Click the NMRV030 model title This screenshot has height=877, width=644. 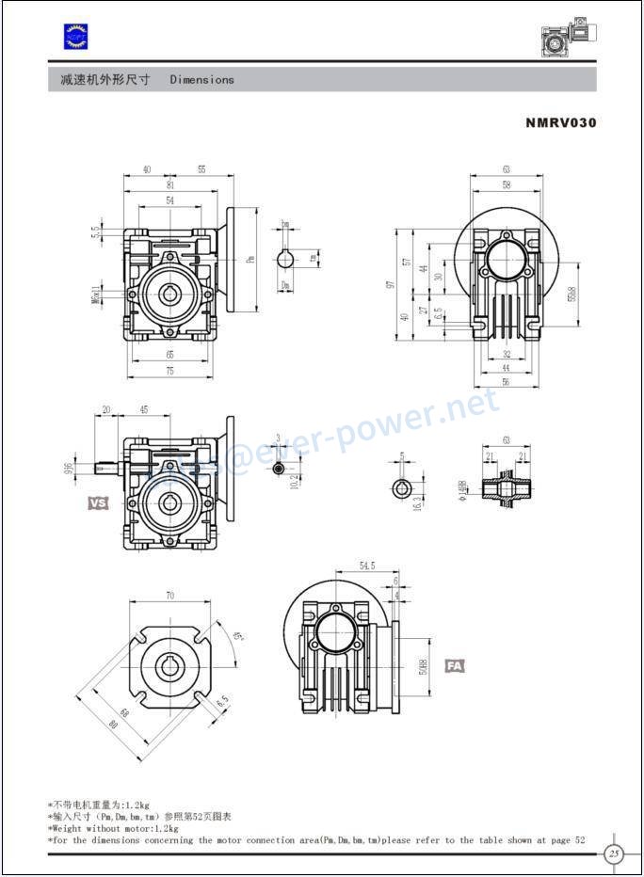coord(561,122)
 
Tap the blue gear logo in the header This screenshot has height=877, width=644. coord(74,36)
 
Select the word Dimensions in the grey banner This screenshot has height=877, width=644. coord(201,80)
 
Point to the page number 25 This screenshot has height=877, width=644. coord(614,854)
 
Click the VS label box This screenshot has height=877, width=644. coord(98,503)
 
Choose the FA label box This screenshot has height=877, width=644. coord(455,665)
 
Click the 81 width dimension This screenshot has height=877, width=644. coord(169,185)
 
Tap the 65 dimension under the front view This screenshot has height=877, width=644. coord(169,355)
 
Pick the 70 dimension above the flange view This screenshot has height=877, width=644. coord(169,596)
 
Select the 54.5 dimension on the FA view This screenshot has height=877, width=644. coord(367,566)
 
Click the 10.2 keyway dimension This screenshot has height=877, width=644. coord(294,481)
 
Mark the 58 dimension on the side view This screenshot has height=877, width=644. coord(506,185)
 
